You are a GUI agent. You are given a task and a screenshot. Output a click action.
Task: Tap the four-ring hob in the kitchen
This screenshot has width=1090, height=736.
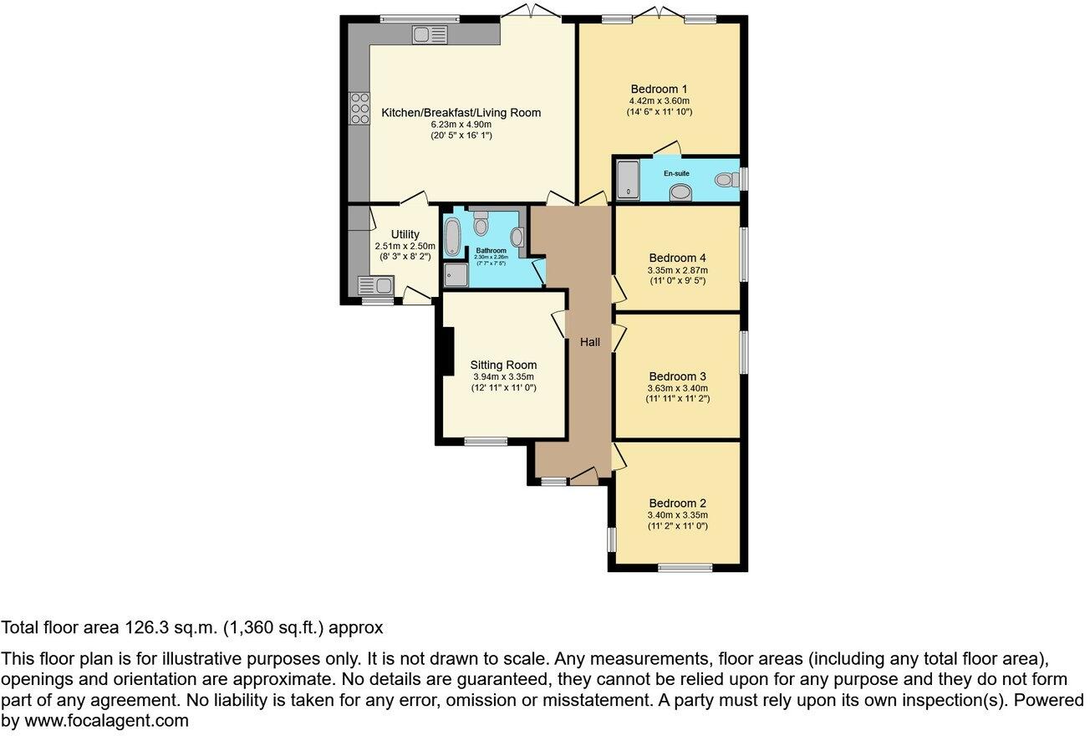tap(360, 109)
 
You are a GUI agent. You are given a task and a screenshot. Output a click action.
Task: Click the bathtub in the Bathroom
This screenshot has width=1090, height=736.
tap(452, 238)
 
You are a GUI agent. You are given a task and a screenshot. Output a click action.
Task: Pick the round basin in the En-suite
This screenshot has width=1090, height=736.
tap(681, 193)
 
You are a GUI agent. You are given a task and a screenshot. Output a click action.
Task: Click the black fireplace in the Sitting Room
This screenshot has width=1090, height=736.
tap(447, 350)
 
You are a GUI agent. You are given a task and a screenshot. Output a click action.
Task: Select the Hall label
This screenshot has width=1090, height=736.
tap(590, 342)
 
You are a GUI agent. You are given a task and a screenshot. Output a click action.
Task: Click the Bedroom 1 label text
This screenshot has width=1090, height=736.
tap(659, 89)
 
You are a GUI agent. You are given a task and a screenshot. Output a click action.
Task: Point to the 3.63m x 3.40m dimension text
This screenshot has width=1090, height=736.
tap(677, 388)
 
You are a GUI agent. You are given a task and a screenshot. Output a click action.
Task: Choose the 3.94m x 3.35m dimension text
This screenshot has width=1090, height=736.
tap(502, 376)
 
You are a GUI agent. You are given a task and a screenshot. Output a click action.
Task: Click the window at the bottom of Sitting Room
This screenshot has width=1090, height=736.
tap(486, 441)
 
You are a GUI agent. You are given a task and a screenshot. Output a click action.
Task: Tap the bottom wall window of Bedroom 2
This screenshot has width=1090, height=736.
tap(685, 568)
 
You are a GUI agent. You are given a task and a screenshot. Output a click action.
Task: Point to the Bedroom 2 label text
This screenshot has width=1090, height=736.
tap(677, 503)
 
